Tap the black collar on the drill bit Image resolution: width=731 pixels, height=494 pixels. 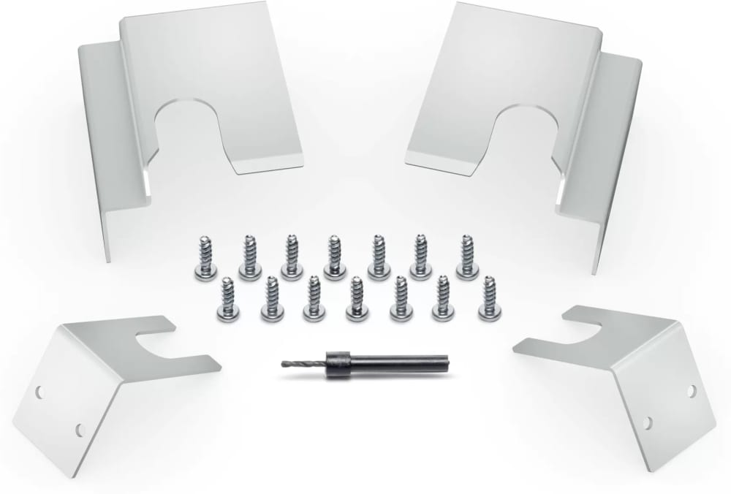coord(337,362)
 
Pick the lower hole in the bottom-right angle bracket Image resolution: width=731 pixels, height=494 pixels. coord(648,422)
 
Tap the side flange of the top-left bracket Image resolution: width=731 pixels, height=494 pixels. coord(103,146)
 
